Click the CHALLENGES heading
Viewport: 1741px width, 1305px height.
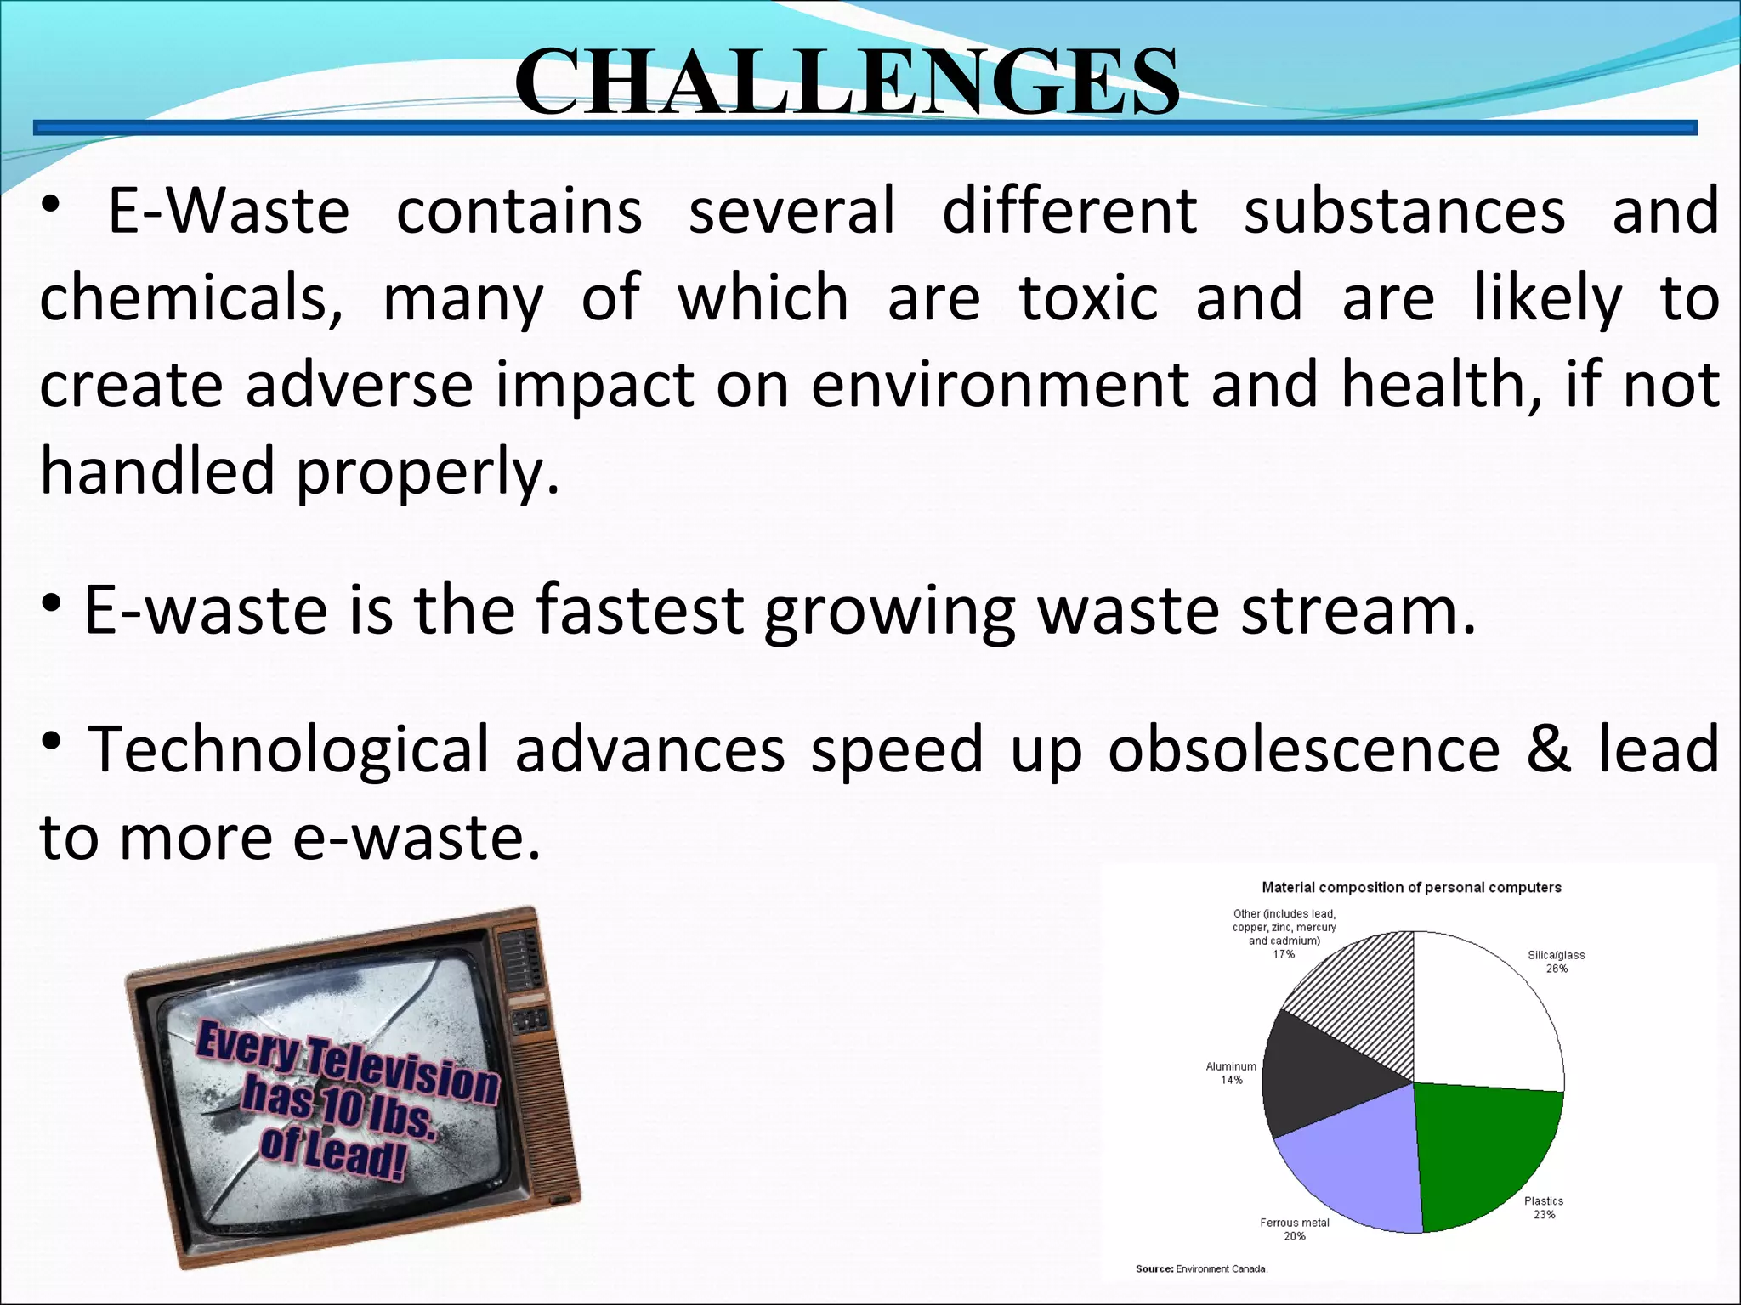847,82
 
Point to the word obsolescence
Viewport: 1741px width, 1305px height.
1303,749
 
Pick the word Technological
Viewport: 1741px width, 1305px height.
289,751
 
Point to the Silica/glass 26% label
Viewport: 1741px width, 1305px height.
1556,962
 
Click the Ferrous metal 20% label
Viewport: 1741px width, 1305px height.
1294,1229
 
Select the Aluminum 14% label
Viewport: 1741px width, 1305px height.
1231,1073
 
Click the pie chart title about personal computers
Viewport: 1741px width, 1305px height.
1411,887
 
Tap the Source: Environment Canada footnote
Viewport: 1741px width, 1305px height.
1201,1268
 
